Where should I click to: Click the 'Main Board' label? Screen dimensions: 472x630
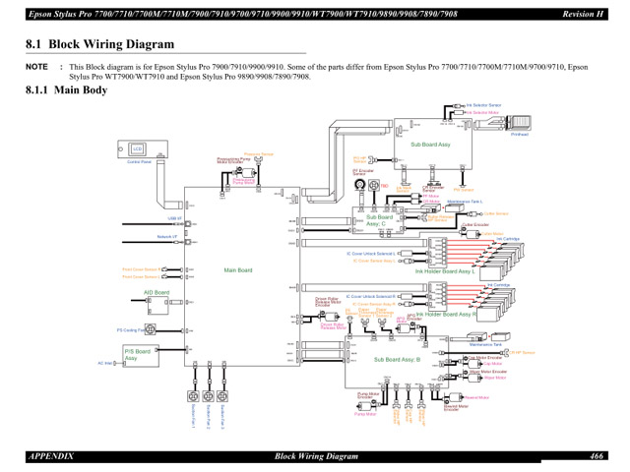click(x=238, y=270)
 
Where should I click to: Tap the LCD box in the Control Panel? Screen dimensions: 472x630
click(x=138, y=149)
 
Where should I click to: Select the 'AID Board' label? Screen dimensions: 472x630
click(x=157, y=292)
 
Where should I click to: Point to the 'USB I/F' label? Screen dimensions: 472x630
click(x=174, y=218)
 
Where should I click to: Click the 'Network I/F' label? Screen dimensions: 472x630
click(x=167, y=237)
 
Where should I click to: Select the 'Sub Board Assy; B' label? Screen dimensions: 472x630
click(x=397, y=360)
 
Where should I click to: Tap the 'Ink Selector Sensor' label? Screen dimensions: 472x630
click(x=483, y=103)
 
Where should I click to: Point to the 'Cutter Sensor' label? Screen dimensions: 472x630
click(x=496, y=213)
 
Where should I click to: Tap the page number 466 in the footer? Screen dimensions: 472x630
click(x=598, y=457)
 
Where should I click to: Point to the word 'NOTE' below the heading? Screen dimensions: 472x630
click(x=37, y=68)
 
